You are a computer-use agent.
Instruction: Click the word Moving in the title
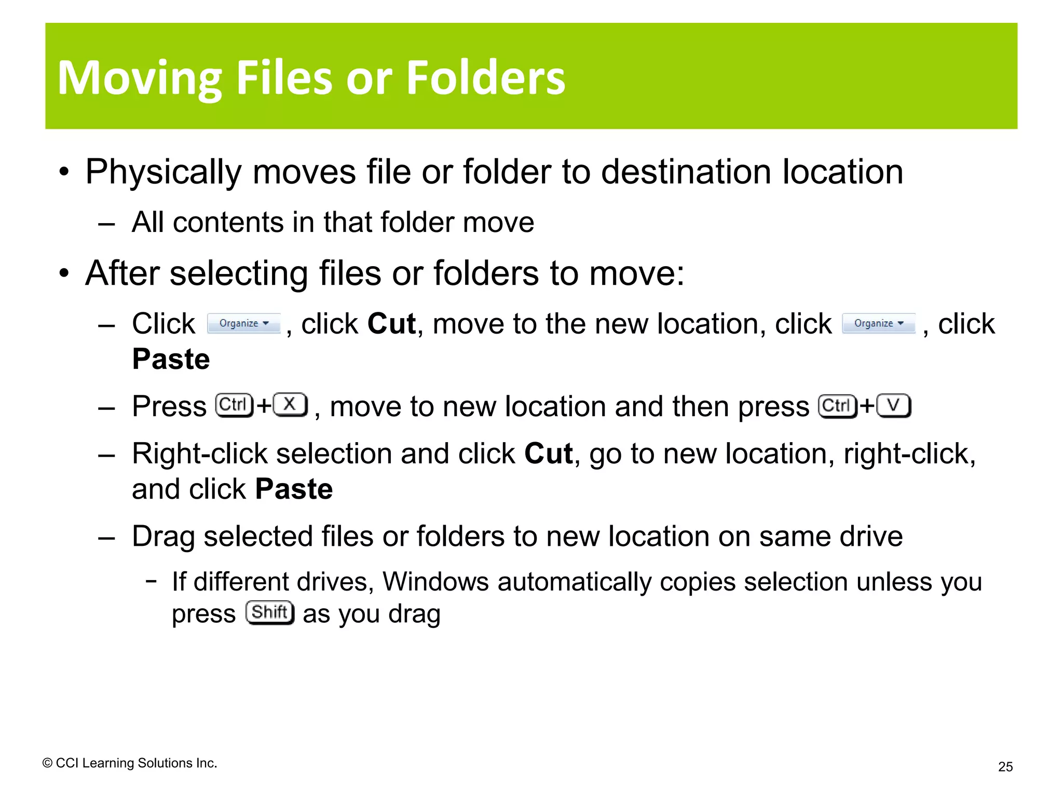click(140, 79)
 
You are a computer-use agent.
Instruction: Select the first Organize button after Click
click(243, 323)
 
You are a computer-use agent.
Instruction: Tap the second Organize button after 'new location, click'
click(878, 323)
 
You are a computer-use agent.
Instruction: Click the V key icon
click(893, 405)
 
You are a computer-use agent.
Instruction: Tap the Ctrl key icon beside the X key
click(234, 405)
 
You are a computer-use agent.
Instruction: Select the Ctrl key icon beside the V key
click(837, 405)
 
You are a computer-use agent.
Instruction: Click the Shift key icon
click(270, 613)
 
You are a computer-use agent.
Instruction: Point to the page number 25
click(1005, 766)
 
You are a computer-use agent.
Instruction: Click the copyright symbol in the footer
click(47, 763)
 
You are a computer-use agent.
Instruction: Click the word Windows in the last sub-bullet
click(435, 582)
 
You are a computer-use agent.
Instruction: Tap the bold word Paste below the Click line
click(171, 359)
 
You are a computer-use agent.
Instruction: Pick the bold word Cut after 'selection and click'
click(548, 454)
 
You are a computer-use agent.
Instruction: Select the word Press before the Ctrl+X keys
click(169, 406)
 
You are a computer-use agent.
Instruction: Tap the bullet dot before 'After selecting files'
click(64, 273)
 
